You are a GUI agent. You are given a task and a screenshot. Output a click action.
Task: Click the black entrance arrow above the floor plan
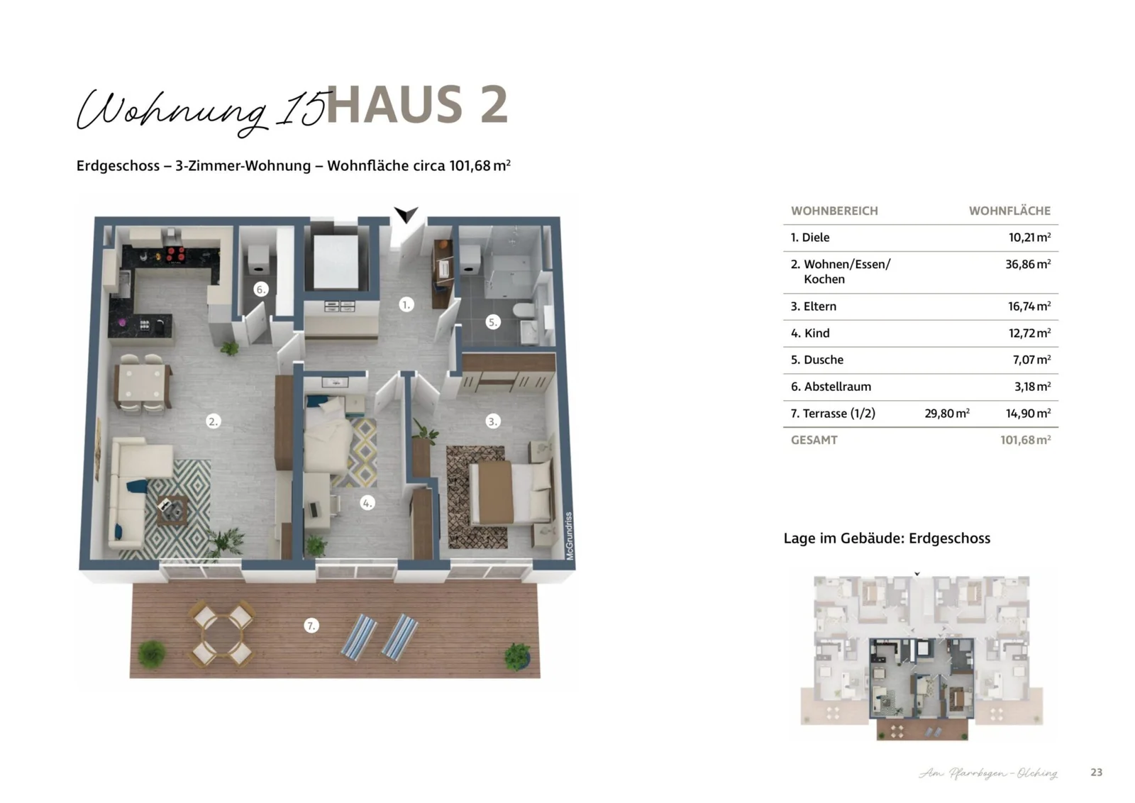point(406,214)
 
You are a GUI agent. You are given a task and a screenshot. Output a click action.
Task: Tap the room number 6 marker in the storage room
point(260,289)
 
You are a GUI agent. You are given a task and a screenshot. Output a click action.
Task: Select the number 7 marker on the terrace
point(311,626)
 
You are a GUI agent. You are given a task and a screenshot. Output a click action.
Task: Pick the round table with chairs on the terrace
point(222,633)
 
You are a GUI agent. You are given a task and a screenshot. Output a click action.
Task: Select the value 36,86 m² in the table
point(1027,264)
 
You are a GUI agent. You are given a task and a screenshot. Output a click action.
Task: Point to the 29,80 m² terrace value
point(946,414)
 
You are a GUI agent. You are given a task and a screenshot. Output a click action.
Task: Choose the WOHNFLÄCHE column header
point(1009,211)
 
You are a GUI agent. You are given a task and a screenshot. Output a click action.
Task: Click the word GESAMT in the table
point(814,440)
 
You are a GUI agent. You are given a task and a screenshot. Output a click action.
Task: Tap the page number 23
point(1096,772)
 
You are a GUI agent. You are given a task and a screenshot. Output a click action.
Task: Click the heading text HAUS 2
point(417,105)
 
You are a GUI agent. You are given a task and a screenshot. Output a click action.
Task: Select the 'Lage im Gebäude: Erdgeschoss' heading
point(886,538)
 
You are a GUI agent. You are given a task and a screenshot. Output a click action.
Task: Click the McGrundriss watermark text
point(569,536)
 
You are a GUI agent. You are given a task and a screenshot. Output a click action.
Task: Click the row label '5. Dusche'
point(816,360)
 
